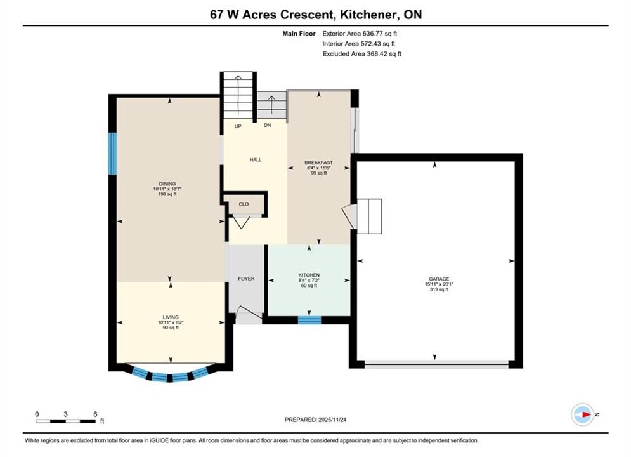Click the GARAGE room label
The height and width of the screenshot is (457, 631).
coord(439,279)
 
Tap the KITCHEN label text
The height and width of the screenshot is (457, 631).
coord(309,275)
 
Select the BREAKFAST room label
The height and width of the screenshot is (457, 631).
coord(319,162)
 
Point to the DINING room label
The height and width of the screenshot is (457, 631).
coord(167,183)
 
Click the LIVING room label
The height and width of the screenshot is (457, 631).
coord(171,317)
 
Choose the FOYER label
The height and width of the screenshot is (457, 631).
coord(246,279)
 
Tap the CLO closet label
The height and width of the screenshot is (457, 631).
coord(244,204)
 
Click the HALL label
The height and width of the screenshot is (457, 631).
coord(256,159)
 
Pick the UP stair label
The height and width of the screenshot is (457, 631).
coord(238,126)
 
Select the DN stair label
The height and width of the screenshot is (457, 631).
coord(268,125)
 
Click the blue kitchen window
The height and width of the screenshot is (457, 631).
coord(309,320)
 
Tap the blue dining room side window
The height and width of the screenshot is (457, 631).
coord(113,154)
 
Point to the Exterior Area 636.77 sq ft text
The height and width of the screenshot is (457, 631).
coord(360,34)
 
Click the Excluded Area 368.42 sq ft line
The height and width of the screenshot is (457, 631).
coord(361,53)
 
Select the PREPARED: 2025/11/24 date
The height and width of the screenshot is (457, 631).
coord(316,420)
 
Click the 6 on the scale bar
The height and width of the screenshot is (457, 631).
coord(95,414)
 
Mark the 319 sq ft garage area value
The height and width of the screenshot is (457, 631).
coord(439,289)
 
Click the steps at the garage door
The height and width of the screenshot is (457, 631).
coord(369,216)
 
